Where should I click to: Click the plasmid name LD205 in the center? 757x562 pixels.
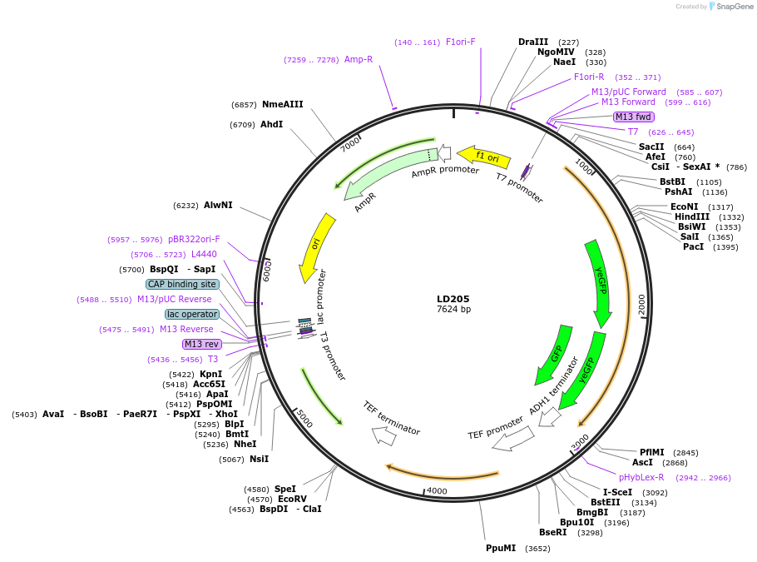(x=453, y=299)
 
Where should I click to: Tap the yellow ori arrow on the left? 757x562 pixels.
(x=315, y=246)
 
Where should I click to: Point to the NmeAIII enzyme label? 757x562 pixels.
(x=282, y=105)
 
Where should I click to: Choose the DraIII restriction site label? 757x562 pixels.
(x=533, y=42)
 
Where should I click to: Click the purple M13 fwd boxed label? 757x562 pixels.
(x=633, y=117)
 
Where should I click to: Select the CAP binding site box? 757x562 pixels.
(x=182, y=284)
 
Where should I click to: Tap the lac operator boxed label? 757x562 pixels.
(x=192, y=314)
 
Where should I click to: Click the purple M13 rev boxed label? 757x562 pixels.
(x=203, y=344)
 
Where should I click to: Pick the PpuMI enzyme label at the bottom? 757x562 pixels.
(x=501, y=548)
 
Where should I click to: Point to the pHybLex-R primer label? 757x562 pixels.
(x=641, y=477)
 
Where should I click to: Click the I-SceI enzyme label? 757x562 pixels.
(x=617, y=492)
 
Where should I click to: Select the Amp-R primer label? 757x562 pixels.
(x=359, y=60)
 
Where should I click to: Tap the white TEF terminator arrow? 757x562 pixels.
(x=384, y=435)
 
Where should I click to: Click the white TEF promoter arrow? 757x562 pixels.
(x=513, y=439)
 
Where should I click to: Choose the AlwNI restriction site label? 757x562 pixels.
(x=218, y=205)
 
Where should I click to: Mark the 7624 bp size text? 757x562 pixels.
(x=453, y=310)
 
